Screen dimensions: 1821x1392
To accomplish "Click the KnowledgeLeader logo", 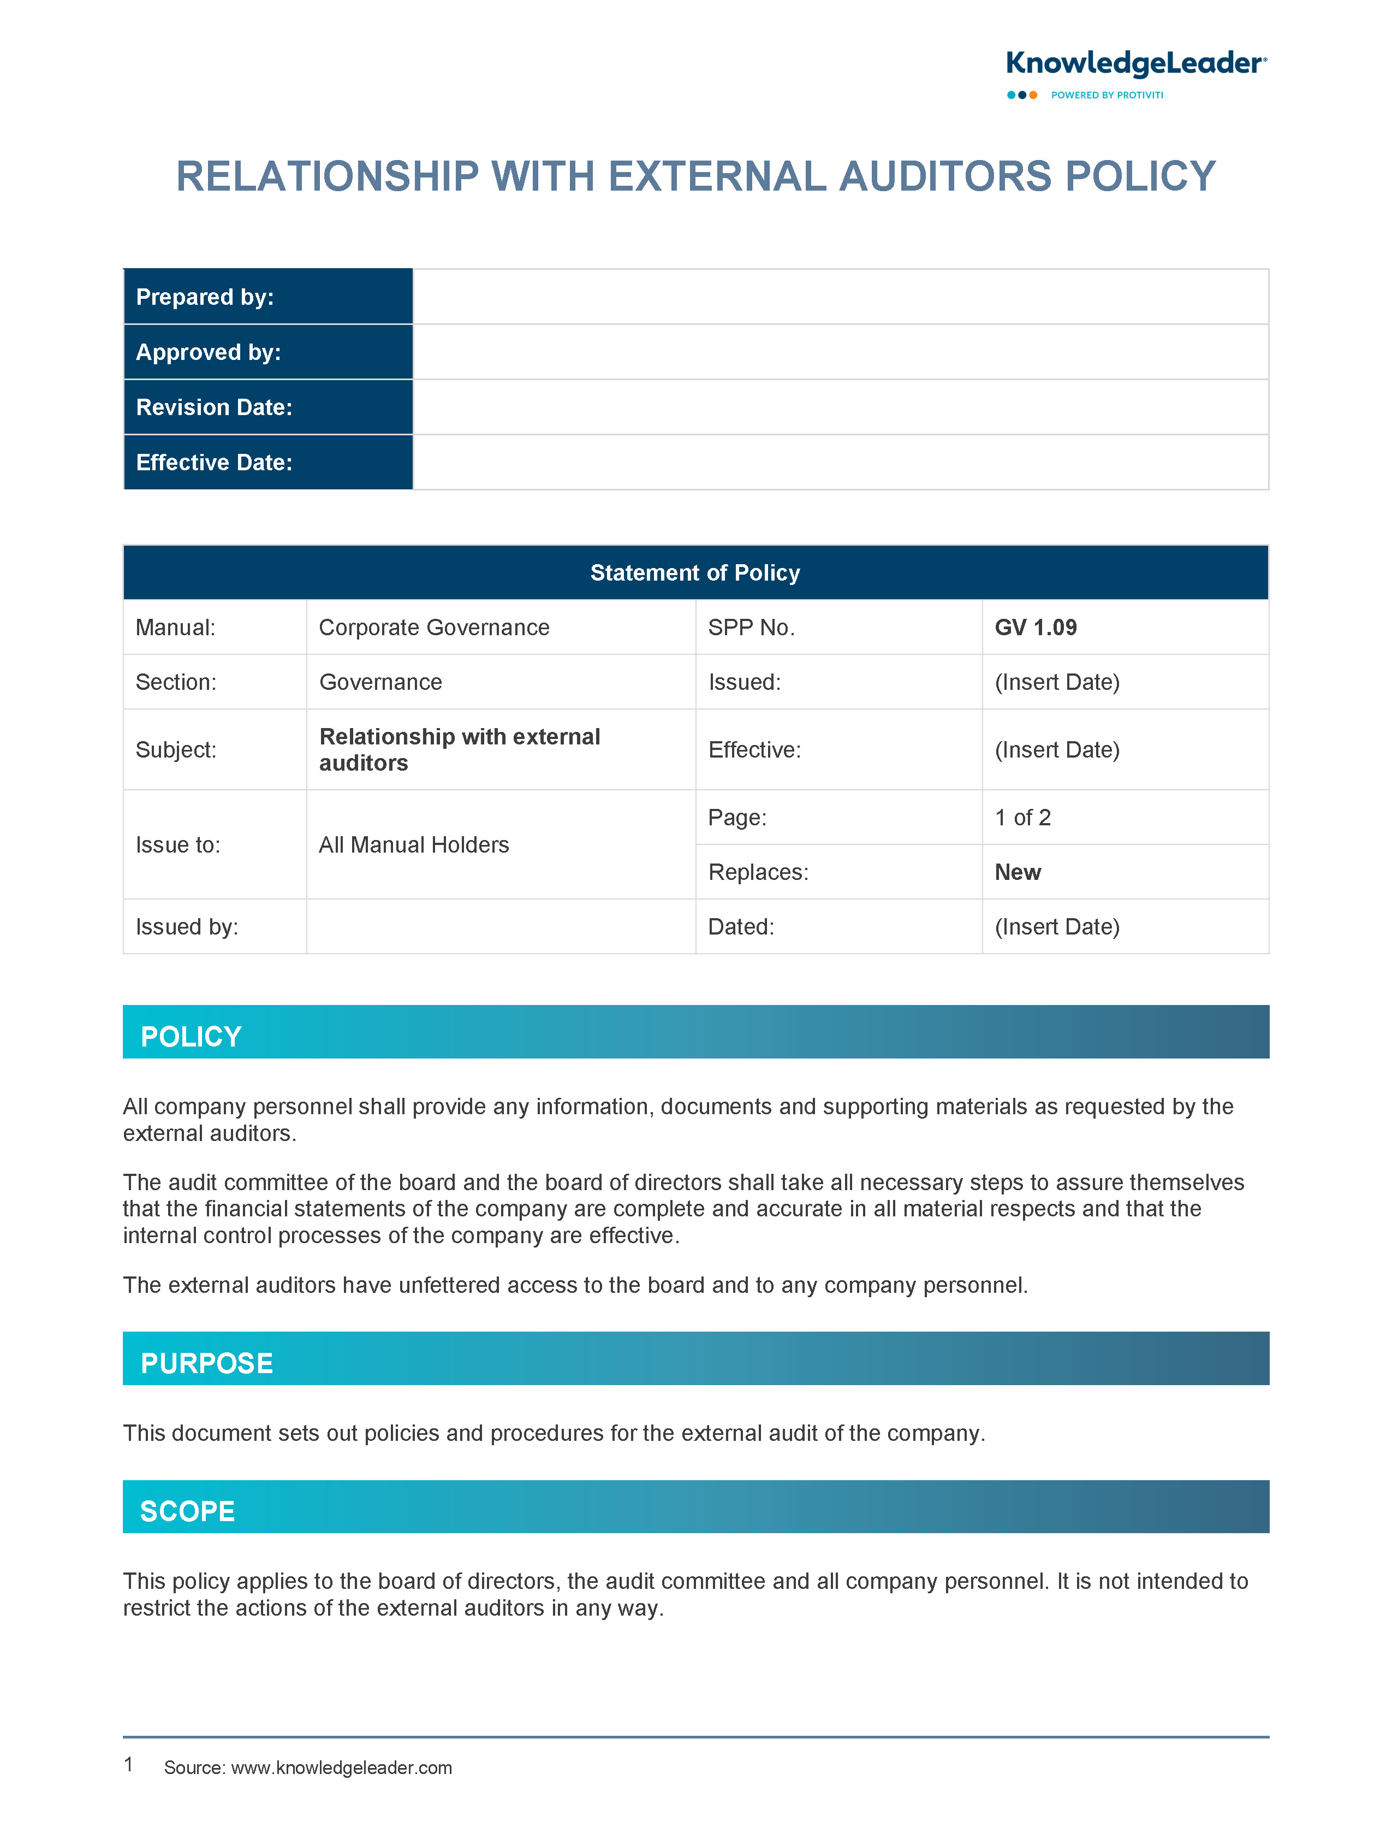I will (x=1135, y=64).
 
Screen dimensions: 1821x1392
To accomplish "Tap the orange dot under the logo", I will (x=1033, y=96).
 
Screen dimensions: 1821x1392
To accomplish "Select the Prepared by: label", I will (x=205, y=297).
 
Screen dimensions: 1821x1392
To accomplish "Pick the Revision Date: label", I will (x=214, y=407).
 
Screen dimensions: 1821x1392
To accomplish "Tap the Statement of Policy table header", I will (x=695, y=573).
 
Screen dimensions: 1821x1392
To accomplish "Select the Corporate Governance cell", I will (x=434, y=628).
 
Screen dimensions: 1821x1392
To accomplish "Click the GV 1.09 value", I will (x=1036, y=628).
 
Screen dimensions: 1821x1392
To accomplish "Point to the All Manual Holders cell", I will (x=413, y=844).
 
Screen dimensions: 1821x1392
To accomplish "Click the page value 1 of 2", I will (x=1022, y=817).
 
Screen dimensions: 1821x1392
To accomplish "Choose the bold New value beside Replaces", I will (x=1018, y=872).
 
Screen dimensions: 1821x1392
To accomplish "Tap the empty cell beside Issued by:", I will (x=501, y=927).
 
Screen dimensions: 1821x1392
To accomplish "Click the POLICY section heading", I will (x=192, y=1036).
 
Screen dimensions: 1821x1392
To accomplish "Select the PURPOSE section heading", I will (x=206, y=1363).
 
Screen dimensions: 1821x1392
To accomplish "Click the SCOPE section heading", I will (x=187, y=1511).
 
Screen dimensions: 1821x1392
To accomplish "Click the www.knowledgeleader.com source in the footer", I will (x=341, y=1768).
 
